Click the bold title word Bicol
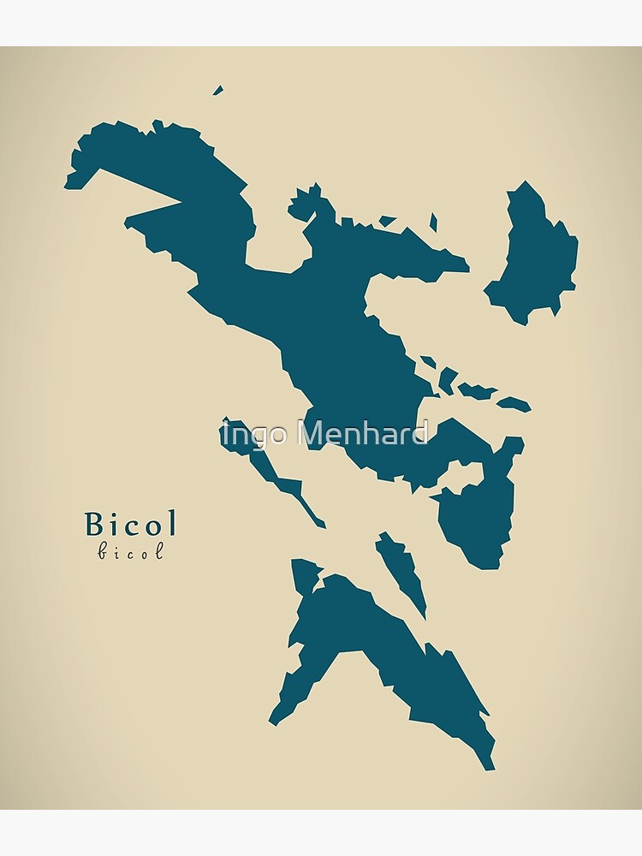130,523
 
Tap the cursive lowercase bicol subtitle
130,552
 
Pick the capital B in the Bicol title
93,523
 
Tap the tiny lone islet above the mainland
218,90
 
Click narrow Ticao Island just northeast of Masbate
401,569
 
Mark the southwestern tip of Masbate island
273,721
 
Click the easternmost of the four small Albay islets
515,403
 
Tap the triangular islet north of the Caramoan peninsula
388,221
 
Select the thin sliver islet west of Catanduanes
433,223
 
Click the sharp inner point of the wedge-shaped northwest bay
181,203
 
